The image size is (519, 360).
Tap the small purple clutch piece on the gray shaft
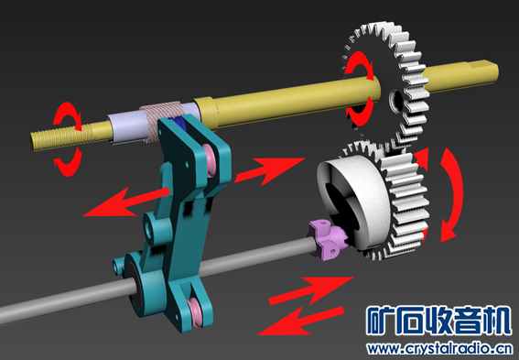coord(329,241)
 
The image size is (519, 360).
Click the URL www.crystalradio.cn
coord(438,348)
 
